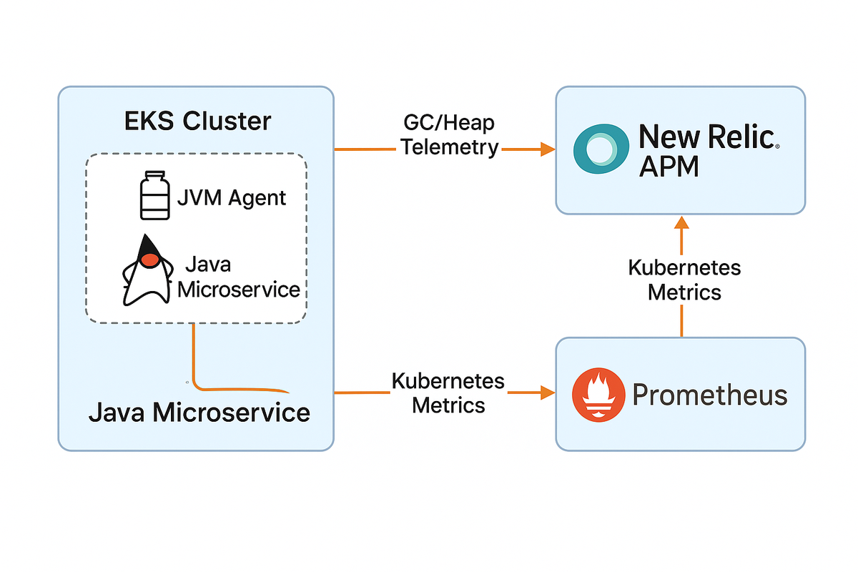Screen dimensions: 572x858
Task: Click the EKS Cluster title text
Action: tap(195, 121)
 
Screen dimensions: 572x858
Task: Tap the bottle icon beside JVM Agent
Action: tap(154, 194)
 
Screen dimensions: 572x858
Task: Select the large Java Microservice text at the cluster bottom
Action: tap(199, 413)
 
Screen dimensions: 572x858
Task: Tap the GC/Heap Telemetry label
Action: tap(448, 135)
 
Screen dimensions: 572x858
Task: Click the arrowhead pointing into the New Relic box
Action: tap(548, 149)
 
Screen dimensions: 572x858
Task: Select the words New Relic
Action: tap(706, 136)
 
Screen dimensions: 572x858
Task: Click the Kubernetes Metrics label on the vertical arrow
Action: tap(684, 280)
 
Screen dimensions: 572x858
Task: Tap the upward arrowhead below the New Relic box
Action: tap(681, 225)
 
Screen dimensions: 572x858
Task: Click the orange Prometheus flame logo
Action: tap(594, 395)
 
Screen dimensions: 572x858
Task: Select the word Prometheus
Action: tap(709, 395)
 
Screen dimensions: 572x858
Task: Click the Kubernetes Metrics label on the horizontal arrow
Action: tap(448, 393)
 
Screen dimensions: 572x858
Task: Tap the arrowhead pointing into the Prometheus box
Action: tap(548, 392)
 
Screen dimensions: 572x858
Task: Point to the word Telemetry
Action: tap(450, 147)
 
